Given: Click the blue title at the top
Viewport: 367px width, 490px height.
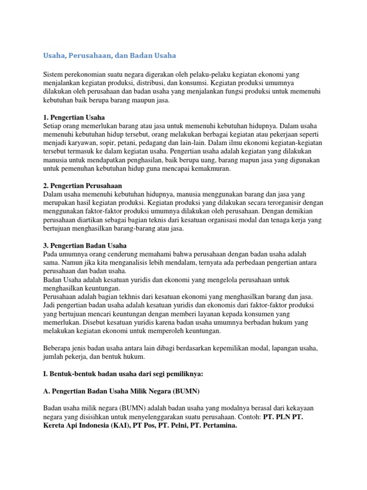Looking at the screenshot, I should pyautogui.click(x=109, y=56).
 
